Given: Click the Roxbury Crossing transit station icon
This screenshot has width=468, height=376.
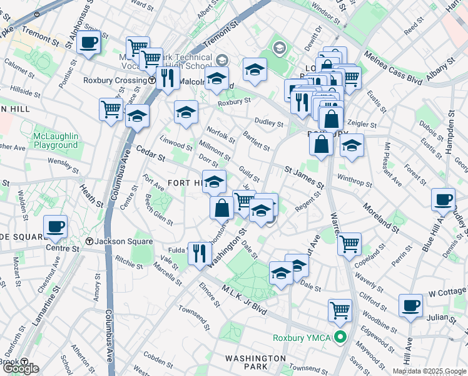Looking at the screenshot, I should tap(153, 81).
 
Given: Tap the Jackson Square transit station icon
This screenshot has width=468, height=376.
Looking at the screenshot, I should tap(89, 241).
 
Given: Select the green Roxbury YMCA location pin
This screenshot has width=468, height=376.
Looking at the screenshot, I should tap(340, 338).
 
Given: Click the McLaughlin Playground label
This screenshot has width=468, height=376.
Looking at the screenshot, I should tap(56, 140).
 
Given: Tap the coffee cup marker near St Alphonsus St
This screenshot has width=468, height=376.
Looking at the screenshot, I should tap(89, 43).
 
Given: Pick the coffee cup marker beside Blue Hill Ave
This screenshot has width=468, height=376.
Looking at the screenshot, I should tap(444, 200).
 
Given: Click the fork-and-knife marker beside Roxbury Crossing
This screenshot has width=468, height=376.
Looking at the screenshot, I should tap(167, 78).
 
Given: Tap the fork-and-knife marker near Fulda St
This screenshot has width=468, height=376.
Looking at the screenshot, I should tap(199, 253).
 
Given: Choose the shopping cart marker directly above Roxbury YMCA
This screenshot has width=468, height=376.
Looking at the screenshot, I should tap(340, 309).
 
